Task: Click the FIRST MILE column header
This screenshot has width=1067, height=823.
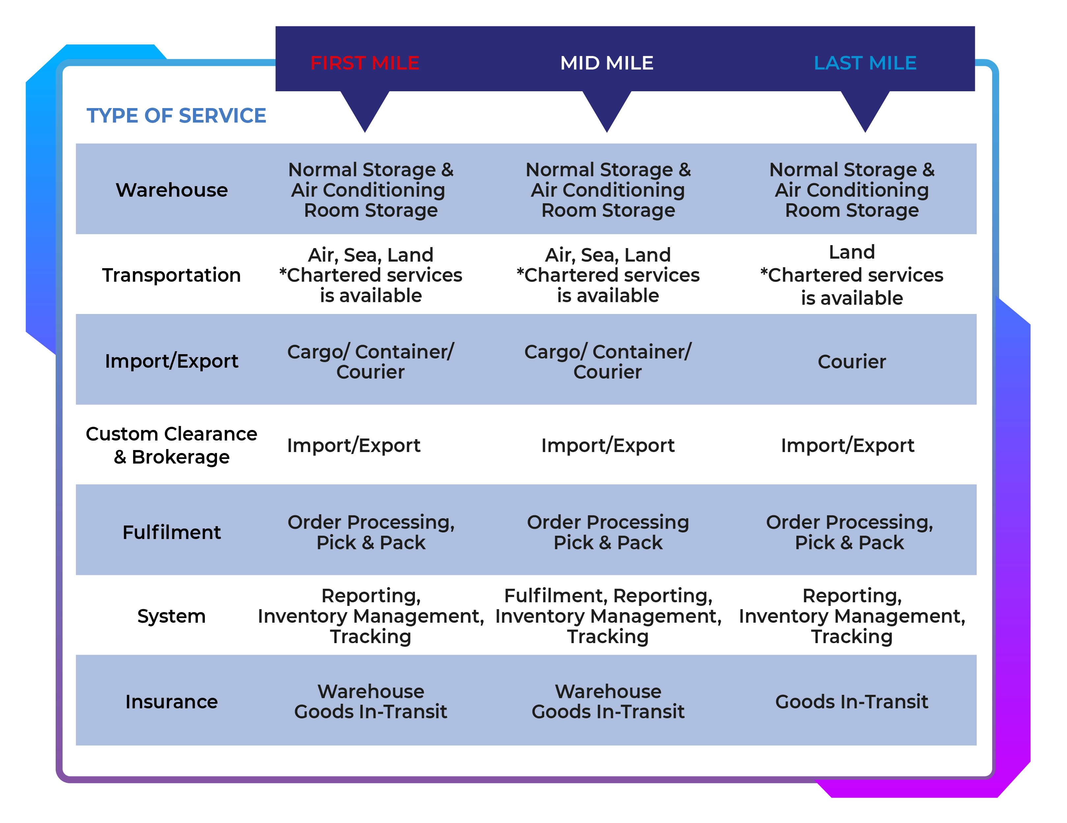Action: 365,63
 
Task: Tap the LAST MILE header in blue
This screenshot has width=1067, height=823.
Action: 865,63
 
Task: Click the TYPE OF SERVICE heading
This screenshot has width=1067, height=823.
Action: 177,116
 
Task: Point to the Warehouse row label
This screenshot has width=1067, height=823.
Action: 172,190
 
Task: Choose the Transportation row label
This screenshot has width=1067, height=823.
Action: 172,275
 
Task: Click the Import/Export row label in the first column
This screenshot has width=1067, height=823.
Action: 172,361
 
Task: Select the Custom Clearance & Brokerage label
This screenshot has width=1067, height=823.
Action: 172,445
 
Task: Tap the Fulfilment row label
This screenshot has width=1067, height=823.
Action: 172,532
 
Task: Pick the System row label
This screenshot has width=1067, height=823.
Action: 172,616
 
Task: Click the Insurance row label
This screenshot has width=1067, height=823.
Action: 172,702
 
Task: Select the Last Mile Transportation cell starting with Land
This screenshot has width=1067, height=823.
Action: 852,275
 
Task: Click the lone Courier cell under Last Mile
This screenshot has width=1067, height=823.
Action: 852,362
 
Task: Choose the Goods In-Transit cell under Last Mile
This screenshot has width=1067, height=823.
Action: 852,702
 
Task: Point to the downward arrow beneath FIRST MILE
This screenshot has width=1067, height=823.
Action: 365,110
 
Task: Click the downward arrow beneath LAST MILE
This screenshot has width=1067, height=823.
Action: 865,110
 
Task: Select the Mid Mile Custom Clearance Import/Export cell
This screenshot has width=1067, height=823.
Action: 608,445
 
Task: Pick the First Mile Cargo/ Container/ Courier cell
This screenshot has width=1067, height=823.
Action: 370,362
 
